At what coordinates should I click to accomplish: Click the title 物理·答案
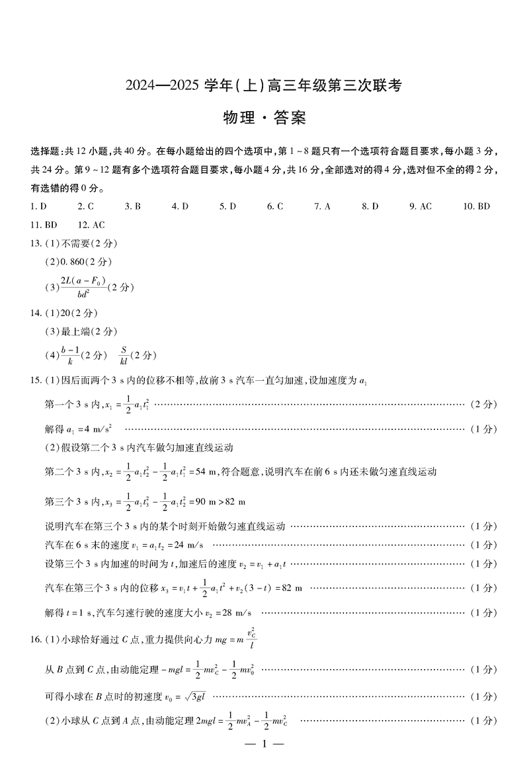pyautogui.click(x=264, y=118)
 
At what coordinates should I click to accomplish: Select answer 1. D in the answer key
pyautogui.click(x=38, y=206)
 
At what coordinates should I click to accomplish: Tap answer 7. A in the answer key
pyautogui.click(x=322, y=206)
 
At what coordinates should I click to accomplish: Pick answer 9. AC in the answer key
pyautogui.click(x=421, y=206)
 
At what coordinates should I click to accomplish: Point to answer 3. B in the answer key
pyautogui.click(x=133, y=206)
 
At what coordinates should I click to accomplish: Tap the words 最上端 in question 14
pyautogui.click(x=73, y=331)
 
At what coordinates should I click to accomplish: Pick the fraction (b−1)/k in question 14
pyautogui.click(x=70, y=355)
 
